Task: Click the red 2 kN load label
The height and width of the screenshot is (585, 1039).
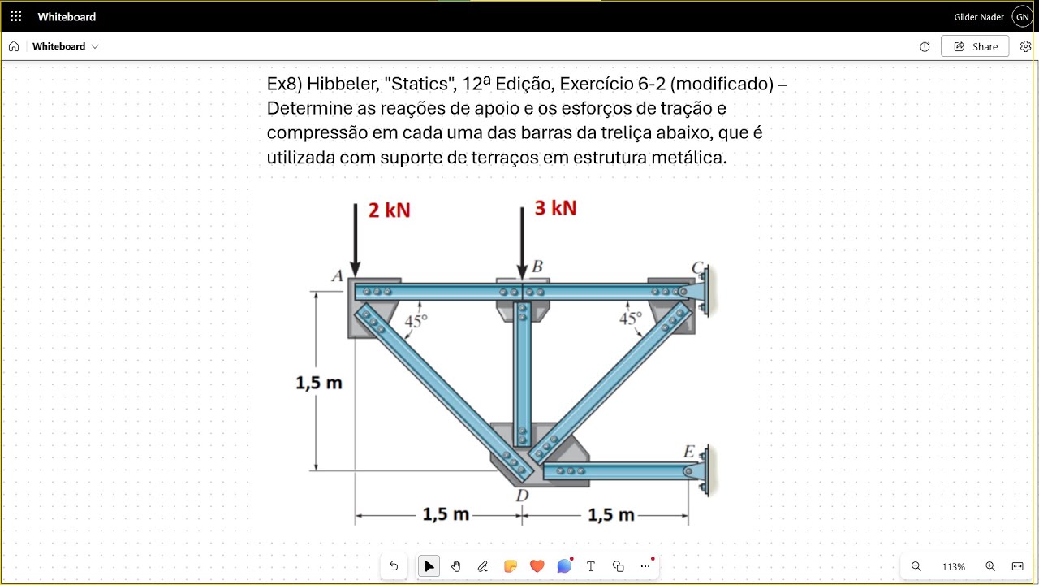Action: point(389,210)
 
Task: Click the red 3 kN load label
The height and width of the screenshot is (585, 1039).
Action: point(555,208)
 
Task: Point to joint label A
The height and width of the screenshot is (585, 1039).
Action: point(337,275)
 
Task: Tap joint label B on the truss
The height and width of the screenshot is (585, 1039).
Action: point(537,266)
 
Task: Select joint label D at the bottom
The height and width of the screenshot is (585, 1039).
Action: point(522,496)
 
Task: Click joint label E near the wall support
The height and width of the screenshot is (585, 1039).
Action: point(689,451)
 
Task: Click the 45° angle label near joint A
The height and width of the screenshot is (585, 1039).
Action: point(416,321)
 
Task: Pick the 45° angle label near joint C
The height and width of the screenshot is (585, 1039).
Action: point(631,318)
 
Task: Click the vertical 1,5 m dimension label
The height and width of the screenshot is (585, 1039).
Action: point(319,383)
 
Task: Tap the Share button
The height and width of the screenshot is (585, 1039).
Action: point(975,46)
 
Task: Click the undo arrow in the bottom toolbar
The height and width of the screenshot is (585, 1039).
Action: point(394,566)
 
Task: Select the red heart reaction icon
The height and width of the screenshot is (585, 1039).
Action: point(537,566)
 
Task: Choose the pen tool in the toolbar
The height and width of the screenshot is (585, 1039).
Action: point(482,566)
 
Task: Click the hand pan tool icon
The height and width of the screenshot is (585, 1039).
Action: point(456,566)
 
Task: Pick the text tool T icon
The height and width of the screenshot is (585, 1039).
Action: point(590,566)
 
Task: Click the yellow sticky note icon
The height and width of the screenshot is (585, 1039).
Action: point(511,566)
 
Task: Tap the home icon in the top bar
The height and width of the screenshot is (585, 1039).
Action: point(14,46)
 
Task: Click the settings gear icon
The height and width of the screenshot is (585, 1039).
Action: point(1025,46)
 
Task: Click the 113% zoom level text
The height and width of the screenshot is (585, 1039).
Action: point(953,567)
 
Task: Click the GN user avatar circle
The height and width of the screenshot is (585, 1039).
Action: point(1022,17)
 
